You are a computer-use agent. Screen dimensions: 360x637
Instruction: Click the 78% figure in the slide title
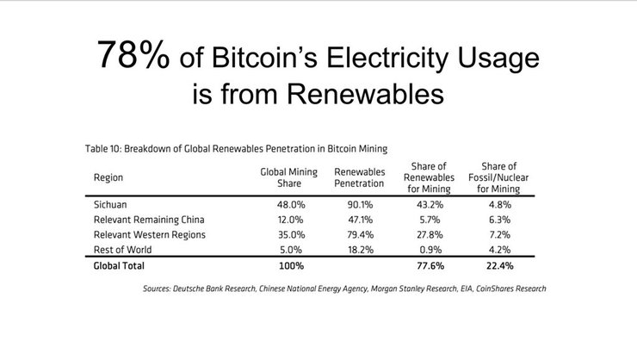click(133, 56)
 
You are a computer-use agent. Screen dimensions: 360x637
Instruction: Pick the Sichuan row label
click(111, 206)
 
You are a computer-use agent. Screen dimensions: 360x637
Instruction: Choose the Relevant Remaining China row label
click(144, 220)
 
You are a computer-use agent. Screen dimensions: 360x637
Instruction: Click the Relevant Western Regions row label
click(145, 233)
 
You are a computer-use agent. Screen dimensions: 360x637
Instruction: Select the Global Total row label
click(119, 264)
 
